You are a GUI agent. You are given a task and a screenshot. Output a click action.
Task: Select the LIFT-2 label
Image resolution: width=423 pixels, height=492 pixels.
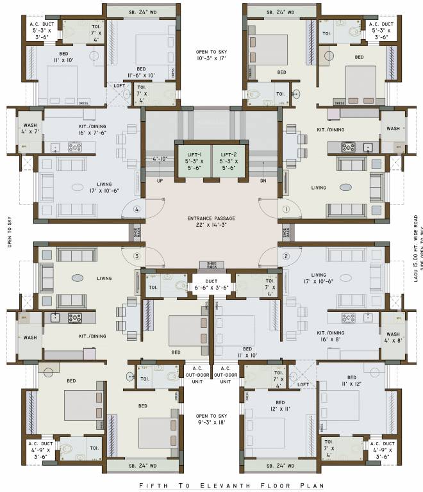(229, 155)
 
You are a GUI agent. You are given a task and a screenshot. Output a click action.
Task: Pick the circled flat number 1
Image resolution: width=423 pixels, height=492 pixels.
(286, 209)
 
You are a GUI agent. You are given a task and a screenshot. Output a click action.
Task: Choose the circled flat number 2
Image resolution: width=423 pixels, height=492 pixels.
(286, 256)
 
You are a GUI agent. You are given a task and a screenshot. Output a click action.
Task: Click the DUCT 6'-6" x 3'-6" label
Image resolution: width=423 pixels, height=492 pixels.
(211, 284)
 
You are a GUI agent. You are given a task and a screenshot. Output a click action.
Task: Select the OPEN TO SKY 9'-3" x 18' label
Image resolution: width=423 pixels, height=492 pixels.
(211, 419)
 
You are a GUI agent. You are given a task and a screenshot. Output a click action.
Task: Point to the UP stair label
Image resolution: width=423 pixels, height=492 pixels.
(160, 181)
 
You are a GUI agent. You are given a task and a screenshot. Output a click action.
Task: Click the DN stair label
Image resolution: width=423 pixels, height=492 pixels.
(263, 181)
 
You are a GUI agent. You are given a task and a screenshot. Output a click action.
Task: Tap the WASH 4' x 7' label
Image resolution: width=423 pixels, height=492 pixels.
(30, 129)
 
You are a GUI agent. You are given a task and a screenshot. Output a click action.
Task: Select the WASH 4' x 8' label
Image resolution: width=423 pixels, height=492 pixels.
(393, 338)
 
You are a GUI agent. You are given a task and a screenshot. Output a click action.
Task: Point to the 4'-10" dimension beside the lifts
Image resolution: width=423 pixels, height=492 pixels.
(160, 158)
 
